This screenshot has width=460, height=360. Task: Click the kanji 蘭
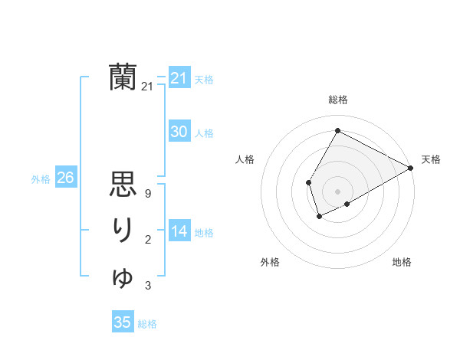[123, 77]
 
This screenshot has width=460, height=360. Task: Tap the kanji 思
[123, 185]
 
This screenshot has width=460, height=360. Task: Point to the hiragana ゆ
[123, 277]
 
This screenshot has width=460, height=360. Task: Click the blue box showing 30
[179, 132]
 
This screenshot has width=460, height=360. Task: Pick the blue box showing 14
[179, 231]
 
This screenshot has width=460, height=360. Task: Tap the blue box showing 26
[65, 178]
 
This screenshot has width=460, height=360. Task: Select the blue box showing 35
[123, 322]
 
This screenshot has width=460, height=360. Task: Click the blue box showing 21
[179, 78]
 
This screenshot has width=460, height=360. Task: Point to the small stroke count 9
[147, 194]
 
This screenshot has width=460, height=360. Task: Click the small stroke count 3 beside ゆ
[147, 286]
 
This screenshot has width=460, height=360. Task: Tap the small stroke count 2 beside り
[147, 241]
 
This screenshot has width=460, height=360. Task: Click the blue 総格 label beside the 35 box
[147, 324]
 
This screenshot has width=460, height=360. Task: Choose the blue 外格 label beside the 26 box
[41, 179]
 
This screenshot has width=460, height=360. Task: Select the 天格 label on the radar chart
[431, 159]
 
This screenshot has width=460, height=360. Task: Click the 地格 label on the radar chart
[402, 263]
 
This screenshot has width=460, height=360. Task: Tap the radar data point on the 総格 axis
[337, 130]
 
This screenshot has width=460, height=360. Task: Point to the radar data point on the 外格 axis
[319, 217]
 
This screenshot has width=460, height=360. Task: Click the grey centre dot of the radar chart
[337, 191]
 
